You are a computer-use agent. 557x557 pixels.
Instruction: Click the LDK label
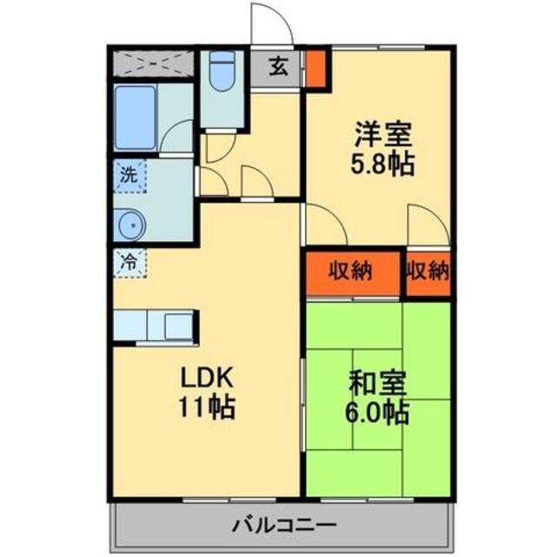tap(207, 378)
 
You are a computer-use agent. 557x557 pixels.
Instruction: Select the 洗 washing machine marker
tap(129, 174)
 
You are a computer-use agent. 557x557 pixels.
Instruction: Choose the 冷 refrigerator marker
tap(129, 260)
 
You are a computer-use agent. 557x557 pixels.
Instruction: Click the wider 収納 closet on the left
tap(350, 271)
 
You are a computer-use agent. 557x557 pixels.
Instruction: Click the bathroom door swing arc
tap(179, 137)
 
